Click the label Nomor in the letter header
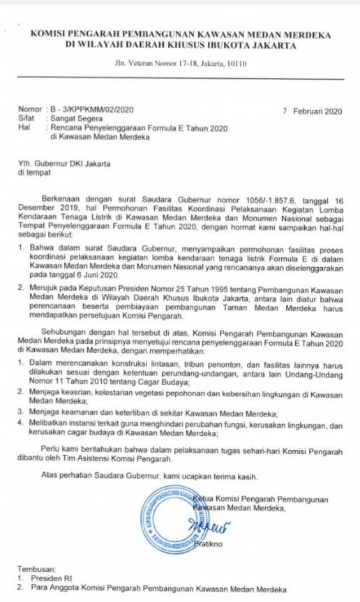[29, 110]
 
